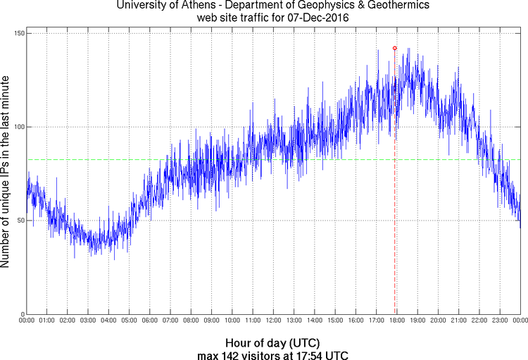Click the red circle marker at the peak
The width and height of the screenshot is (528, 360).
(395, 48)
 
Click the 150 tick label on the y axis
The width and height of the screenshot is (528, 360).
(18, 33)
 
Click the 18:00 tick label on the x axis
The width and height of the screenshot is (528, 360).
(397, 321)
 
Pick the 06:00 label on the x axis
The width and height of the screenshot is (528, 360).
(150, 321)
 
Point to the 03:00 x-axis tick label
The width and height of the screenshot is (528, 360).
(89, 321)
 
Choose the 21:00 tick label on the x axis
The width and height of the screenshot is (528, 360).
(459, 321)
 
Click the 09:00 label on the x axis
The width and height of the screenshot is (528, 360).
(212, 321)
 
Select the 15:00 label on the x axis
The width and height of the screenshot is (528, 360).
(335, 321)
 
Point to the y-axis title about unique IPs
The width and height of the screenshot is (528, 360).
(6, 173)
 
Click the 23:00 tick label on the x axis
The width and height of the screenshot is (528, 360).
(500, 321)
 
